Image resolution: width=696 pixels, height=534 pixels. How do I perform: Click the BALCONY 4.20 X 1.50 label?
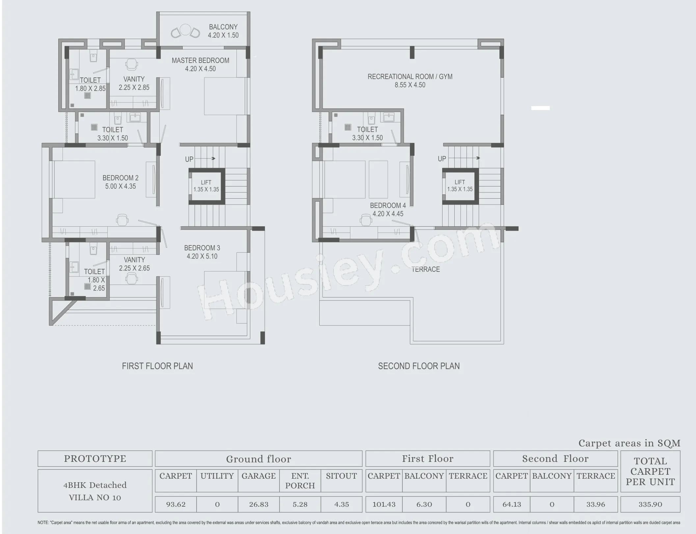click(x=223, y=31)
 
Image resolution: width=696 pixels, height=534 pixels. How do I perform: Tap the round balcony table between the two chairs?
click(x=185, y=30)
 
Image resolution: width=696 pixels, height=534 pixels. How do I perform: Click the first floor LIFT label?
click(x=206, y=186)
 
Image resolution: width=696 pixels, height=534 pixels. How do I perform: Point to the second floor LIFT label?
click(x=460, y=185)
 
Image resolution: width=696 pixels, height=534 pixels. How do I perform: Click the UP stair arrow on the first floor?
click(x=205, y=158)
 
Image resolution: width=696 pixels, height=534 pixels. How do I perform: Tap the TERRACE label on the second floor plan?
click(x=425, y=269)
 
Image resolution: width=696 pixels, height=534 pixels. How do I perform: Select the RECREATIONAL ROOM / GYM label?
click(x=410, y=80)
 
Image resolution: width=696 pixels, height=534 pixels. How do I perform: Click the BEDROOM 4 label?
click(x=388, y=209)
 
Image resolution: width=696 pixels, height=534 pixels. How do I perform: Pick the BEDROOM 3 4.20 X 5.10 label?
click(x=202, y=252)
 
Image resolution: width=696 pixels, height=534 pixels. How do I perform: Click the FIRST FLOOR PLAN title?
click(x=157, y=366)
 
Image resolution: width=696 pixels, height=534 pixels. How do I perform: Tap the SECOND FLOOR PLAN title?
click(x=418, y=366)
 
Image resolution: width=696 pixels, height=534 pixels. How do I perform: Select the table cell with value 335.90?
click(x=650, y=504)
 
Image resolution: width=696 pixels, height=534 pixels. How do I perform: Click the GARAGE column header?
click(x=258, y=476)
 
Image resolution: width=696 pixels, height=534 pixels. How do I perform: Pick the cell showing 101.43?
click(x=384, y=504)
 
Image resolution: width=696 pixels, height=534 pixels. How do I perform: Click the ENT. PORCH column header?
click(x=300, y=481)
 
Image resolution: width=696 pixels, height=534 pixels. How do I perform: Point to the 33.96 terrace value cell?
click(x=595, y=504)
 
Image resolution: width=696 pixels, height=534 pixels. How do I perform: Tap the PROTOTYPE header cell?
click(x=95, y=459)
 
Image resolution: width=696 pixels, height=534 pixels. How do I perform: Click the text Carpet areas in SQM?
click(x=629, y=443)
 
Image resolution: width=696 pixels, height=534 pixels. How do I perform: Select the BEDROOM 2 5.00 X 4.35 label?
click(x=120, y=182)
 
